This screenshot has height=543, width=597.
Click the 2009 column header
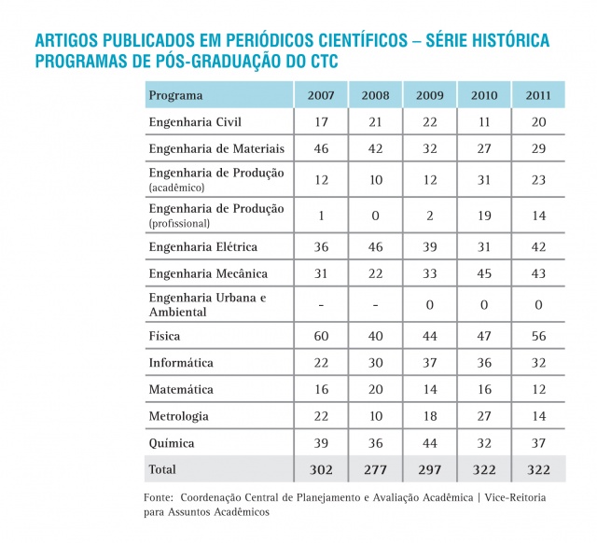coord(431,95)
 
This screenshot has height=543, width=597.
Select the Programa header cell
coord(176,95)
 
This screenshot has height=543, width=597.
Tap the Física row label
coord(165,336)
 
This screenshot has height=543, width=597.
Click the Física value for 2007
coord(321,336)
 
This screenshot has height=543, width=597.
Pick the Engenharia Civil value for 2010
coord(484,122)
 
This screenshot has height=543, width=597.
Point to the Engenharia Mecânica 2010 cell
coord(484,273)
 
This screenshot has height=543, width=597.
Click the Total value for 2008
coord(376,469)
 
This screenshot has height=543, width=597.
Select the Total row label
coord(163,469)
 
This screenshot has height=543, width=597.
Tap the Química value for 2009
coord(431,442)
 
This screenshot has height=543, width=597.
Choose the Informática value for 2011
coord(538,362)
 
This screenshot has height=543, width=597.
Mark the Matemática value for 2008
coord(376,389)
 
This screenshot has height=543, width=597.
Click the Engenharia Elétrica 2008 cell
coord(376,247)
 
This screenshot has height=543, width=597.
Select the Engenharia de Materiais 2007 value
coord(321,148)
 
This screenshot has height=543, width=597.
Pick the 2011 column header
coord(538,95)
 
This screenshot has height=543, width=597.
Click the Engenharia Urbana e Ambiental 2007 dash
coord(321,304)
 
